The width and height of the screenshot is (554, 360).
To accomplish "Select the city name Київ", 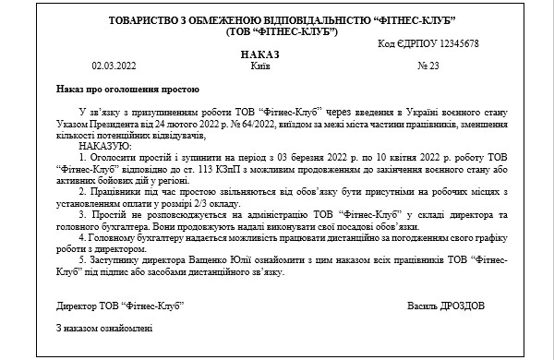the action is click(x=260, y=66).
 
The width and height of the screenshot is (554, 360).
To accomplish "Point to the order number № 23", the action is click(x=428, y=66).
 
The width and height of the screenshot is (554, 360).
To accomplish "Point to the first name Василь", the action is click(x=420, y=305).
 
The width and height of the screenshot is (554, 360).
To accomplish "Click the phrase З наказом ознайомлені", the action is click(x=103, y=328).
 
